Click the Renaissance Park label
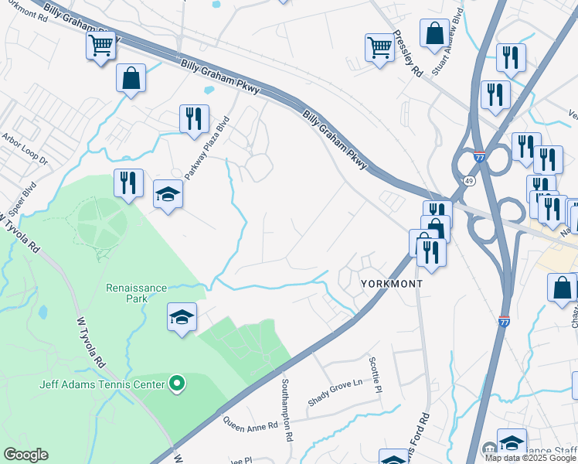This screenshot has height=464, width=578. tap(136, 294)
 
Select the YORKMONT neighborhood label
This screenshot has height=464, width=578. tap(392, 284)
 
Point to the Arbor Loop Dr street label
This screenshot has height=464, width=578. tap(25, 151)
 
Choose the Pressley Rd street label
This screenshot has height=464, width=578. tap(407, 53)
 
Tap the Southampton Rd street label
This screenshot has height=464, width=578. tap(286, 410)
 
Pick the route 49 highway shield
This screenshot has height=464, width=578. tap(469, 181)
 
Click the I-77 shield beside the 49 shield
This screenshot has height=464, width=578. tap(479, 155)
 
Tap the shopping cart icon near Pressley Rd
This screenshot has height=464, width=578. tap(379, 47)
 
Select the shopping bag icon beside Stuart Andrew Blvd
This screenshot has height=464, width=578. tap(435, 33)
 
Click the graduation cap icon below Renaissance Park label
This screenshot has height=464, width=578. tap(182, 317)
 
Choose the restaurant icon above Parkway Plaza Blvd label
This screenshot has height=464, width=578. tap(192, 118)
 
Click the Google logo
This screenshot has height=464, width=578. tap(25, 455)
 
